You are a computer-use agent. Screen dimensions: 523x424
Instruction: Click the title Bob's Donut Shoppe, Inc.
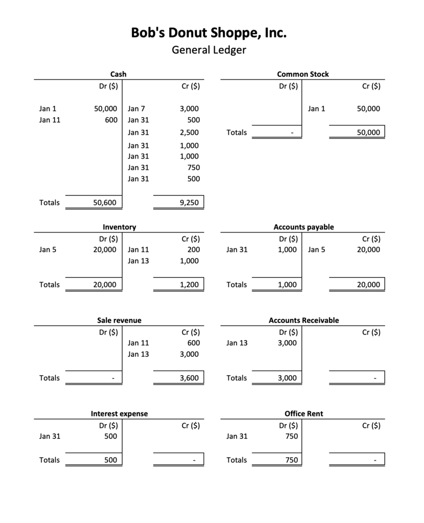coord(209,33)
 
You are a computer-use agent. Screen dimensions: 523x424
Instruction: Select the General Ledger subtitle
coord(209,51)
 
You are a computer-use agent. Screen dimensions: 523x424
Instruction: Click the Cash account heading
coord(118,74)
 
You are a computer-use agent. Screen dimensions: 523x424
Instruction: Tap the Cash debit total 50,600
coord(105,203)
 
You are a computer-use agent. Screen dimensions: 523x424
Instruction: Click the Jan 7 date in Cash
coord(136,109)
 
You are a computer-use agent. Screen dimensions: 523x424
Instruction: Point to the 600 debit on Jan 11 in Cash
coord(110,120)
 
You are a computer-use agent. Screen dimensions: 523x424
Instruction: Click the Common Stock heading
coord(303,74)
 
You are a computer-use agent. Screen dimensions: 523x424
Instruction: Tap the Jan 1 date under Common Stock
coord(317,109)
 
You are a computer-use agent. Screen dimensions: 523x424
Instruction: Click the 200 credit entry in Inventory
coord(193,250)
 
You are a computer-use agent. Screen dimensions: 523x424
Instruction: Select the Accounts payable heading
coord(303,227)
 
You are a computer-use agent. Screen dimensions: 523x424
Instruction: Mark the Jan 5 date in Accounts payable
coord(317,250)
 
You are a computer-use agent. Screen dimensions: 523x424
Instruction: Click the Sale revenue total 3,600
coord(189,378)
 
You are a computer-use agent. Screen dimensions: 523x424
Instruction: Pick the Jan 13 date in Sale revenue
coord(138,354)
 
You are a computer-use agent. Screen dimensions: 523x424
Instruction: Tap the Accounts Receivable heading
coord(304,320)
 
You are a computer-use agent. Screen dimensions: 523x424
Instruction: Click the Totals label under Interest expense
coord(49,460)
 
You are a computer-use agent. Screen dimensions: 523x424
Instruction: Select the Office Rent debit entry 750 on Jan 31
coord(292,436)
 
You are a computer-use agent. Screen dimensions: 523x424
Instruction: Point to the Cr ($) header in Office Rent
coord(371,426)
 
